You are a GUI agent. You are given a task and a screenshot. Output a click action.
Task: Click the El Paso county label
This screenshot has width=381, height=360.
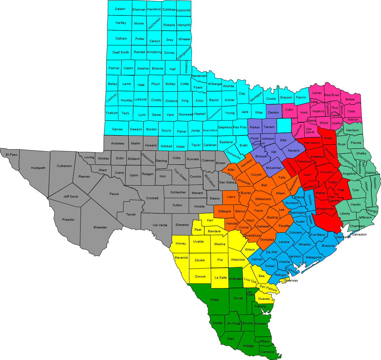click(12, 155)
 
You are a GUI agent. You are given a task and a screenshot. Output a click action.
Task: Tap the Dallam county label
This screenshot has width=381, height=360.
click(120, 9)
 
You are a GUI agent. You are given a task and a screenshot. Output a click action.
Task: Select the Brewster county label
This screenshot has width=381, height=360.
click(100, 227)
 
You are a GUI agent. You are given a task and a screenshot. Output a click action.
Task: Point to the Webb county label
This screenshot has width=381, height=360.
click(214, 300)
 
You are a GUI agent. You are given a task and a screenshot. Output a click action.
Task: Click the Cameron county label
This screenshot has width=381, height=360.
click(268, 352)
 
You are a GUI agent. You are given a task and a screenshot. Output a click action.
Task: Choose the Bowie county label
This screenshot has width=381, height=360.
click(350, 99)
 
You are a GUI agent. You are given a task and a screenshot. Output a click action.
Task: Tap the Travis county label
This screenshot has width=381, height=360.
click(259, 211)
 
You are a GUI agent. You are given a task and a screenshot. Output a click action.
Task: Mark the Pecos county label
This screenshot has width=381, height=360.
click(114, 194)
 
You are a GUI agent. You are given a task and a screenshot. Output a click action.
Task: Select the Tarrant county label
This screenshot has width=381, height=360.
click(269, 127)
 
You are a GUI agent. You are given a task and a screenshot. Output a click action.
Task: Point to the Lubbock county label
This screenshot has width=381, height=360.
click(141, 99)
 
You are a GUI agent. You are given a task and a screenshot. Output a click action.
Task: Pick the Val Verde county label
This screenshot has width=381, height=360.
click(160, 225)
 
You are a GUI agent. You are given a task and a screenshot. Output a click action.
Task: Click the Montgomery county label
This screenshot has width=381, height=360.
click(325, 209)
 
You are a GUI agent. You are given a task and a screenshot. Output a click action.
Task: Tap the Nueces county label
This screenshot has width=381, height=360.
click(264, 299)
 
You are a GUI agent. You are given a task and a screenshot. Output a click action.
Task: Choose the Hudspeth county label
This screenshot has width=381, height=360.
click(38, 168)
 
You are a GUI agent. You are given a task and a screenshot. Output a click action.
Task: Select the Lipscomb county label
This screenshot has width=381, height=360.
click(184, 10)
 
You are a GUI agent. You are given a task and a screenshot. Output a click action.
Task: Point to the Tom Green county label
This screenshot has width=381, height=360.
click(181, 175)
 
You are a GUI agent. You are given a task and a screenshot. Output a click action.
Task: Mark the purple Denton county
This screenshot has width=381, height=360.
click(273, 113)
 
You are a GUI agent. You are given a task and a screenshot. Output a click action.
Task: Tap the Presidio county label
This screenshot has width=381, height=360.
click(68, 220)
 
